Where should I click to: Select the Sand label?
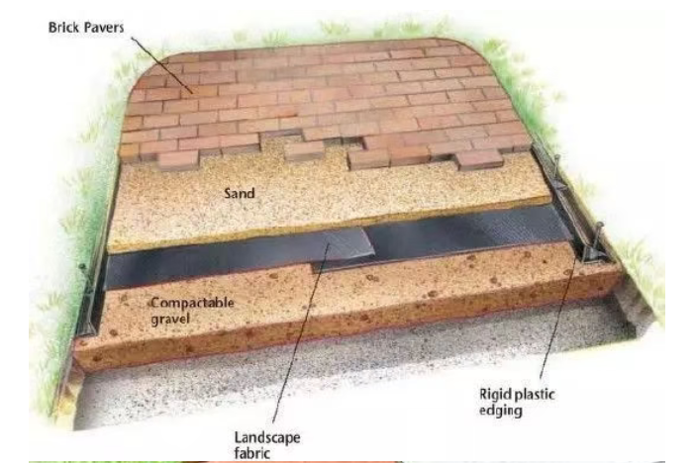tap(239, 193)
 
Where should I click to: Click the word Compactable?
tap(192, 304)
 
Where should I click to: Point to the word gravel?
tap(170, 319)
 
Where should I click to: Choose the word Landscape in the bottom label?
tap(267, 438)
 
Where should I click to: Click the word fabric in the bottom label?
tap(251, 453)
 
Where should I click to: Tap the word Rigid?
tap(493, 395)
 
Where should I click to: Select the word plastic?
tap(532, 394)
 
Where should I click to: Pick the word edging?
tap(501, 411)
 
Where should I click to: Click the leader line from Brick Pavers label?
tap(162, 65)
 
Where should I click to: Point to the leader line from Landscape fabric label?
tap(301, 332)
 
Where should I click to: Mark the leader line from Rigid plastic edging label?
tap(558, 317)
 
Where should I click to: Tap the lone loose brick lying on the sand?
tap(304, 150)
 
